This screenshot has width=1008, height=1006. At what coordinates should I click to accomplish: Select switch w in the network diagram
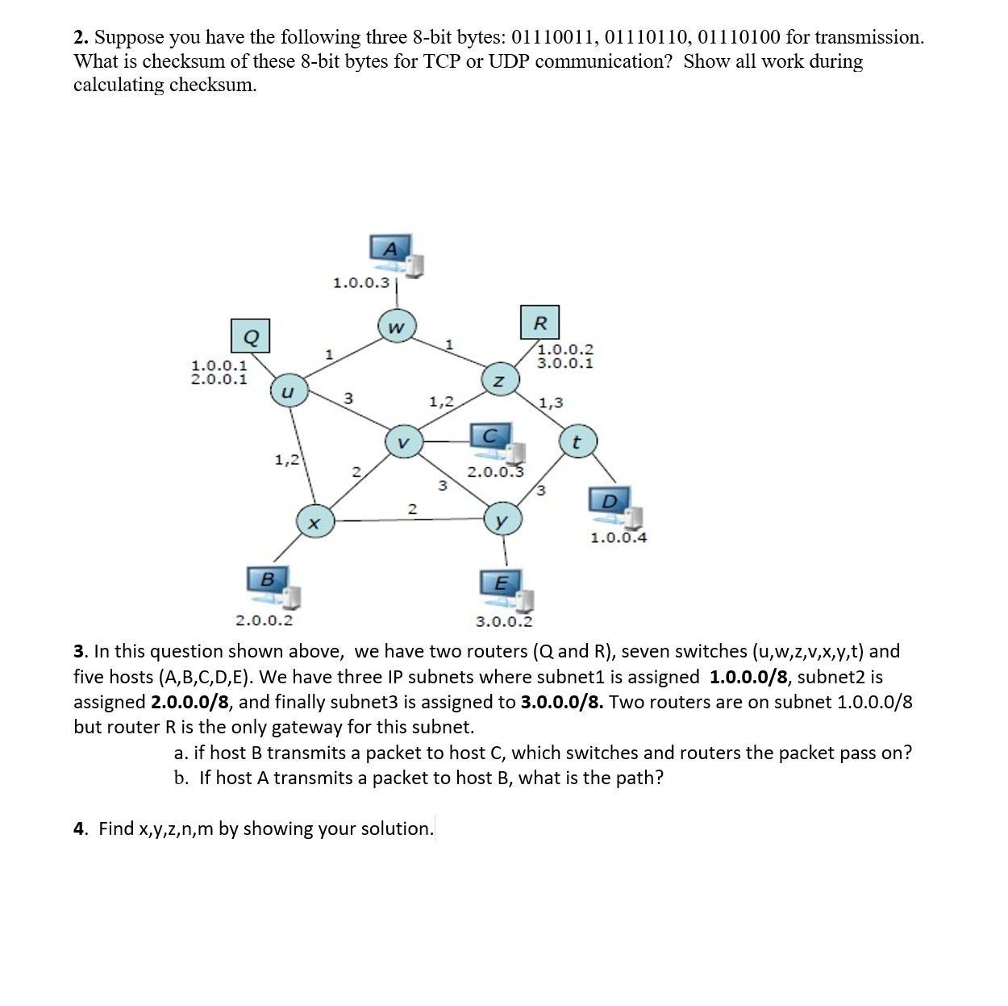tap(395, 327)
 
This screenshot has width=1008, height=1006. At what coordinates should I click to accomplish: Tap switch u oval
tap(285, 391)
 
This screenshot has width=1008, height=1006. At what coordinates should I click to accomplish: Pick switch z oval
tap(498, 380)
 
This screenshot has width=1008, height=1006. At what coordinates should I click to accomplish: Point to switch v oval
tap(403, 441)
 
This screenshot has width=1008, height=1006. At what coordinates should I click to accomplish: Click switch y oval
tap(502, 520)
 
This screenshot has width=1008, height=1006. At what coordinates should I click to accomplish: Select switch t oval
tap(576, 442)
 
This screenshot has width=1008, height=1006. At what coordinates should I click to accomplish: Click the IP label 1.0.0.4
tap(619, 538)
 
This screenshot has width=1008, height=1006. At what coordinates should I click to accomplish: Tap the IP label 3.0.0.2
tap(504, 622)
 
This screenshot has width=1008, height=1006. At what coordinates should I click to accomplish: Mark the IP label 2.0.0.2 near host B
tap(264, 621)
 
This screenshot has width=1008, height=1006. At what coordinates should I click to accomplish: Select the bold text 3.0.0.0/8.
tap(561, 702)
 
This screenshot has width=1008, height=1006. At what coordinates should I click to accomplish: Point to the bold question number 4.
tap(80, 829)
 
